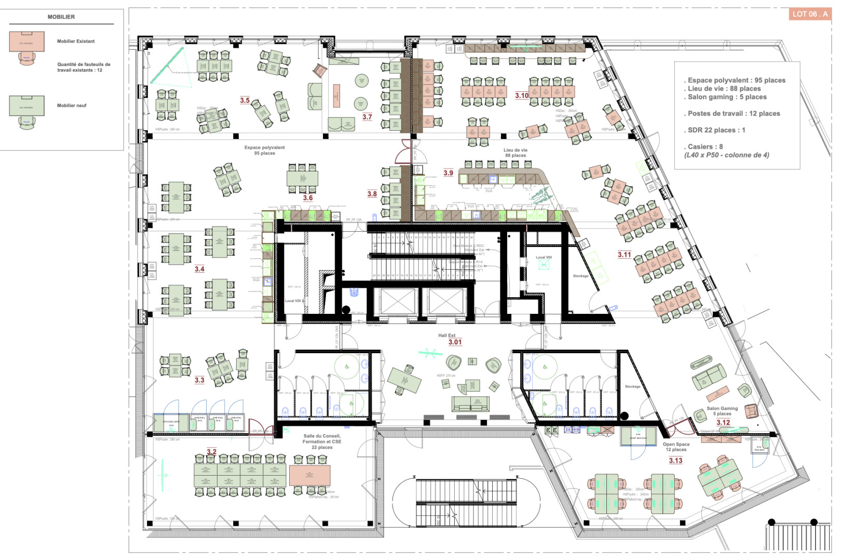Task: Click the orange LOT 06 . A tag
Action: click(x=809, y=14)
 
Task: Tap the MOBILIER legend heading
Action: click(x=61, y=17)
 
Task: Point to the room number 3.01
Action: click(x=455, y=342)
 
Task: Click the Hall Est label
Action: click(x=446, y=336)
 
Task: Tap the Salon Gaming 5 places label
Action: click(x=722, y=411)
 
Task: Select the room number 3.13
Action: click(x=675, y=461)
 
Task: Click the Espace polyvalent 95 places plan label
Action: click(x=265, y=150)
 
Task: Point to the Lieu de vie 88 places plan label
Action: click(x=516, y=152)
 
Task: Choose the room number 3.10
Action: click(x=522, y=95)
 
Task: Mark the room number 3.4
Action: click(x=199, y=269)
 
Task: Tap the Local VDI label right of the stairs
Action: click(x=544, y=257)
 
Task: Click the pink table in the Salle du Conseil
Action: click(x=309, y=475)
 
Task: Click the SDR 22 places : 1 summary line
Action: click(x=716, y=130)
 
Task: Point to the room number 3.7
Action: click(x=367, y=117)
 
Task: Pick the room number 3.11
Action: click(x=624, y=255)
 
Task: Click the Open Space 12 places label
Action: click(x=676, y=447)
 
